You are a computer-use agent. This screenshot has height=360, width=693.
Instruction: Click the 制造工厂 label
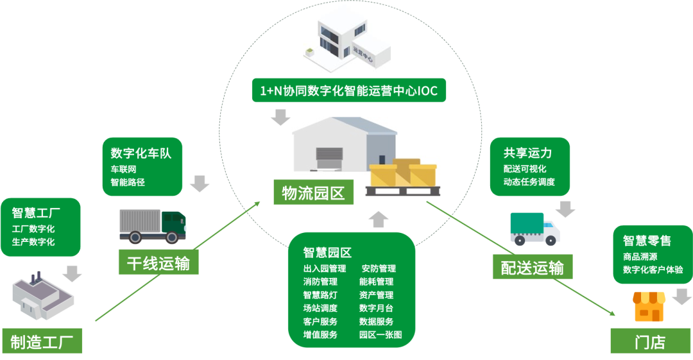click(x=42, y=341)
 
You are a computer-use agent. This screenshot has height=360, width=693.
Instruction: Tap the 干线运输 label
click(x=158, y=262)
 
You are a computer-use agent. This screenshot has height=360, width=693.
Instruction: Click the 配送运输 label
click(x=532, y=266)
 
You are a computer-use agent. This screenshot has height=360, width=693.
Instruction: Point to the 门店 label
click(x=650, y=341)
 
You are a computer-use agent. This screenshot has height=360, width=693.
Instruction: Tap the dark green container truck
click(x=153, y=226)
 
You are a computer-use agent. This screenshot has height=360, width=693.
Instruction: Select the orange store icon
click(x=649, y=307)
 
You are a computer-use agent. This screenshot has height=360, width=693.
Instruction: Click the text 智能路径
click(x=128, y=182)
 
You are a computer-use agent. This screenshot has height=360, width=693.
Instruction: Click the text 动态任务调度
click(x=529, y=182)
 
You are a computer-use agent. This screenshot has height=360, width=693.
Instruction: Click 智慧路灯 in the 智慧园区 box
click(x=320, y=295)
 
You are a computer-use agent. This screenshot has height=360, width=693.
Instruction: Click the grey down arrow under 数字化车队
click(x=200, y=184)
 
